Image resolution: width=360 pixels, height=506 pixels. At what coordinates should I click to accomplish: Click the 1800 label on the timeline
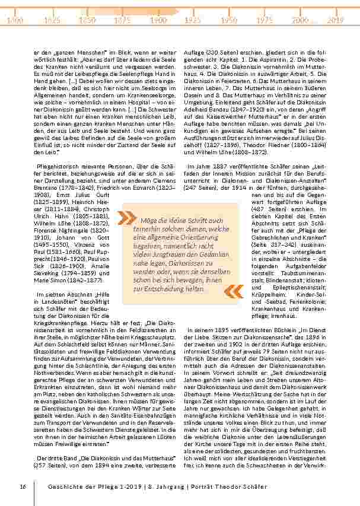pos(14,20)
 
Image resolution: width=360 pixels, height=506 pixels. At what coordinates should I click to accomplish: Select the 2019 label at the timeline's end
pos(336,20)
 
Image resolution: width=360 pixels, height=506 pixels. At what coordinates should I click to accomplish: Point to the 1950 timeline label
pos(229,20)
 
